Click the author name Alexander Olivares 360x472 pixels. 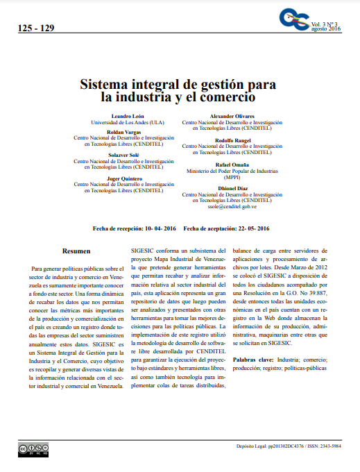[232, 115]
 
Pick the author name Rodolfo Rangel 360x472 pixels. [232, 140]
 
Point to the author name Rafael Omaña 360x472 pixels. [232, 164]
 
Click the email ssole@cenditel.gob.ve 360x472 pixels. [232, 206]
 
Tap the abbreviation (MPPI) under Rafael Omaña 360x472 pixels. [232, 176]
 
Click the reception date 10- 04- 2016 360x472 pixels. [160, 228]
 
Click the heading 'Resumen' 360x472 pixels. [76, 251]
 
